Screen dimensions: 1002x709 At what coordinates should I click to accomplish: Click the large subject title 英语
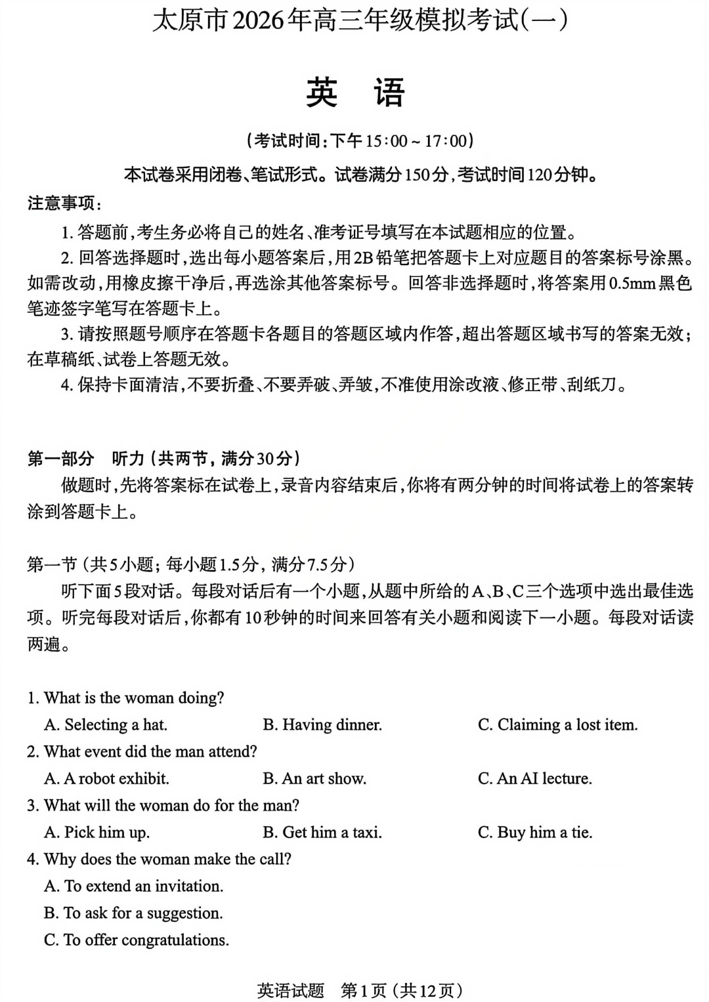pos(354,93)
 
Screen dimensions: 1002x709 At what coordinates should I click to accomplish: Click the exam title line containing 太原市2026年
pos(360,21)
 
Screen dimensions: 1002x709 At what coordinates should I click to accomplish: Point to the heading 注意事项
pos(63,203)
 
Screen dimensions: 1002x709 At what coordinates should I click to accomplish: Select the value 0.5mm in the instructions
pos(632,283)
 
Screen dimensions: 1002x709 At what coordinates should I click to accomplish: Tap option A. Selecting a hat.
pos(106,724)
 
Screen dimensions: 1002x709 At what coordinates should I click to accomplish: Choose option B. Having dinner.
pos(322,724)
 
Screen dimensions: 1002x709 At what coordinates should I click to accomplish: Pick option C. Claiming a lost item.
pos(557,724)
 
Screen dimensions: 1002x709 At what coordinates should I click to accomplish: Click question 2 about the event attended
pos(142,751)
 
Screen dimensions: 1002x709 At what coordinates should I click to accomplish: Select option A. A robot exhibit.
pos(106,778)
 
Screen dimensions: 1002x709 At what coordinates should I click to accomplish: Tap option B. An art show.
pos(314,778)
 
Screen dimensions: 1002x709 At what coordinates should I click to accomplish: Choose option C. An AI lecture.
pos(534,778)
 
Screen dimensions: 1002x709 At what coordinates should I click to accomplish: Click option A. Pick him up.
pos(97,832)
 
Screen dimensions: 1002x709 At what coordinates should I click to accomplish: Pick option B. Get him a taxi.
pos(322,832)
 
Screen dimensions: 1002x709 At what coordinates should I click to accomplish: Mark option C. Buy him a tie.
pos(534,832)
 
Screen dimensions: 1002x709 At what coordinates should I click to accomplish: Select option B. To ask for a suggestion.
pos(133,913)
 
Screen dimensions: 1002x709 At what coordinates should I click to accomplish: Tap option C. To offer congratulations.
pos(137,940)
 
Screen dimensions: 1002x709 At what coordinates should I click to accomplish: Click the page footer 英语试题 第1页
pos(360,990)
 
